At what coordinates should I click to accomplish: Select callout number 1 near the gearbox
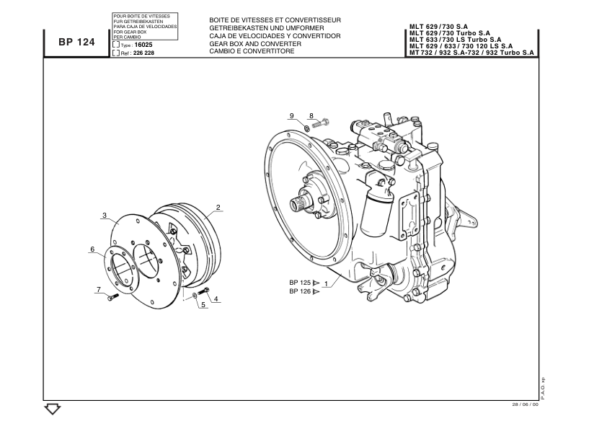tap(326, 283)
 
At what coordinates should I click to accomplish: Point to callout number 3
tap(216, 298)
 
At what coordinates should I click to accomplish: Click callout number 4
tap(203, 305)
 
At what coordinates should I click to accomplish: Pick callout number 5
tap(92, 249)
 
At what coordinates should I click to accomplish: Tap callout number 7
tap(311, 115)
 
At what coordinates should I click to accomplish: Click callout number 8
tap(292, 115)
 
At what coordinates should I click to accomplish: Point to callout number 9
tap(299, 283)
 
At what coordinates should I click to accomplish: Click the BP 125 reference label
tap(299, 291)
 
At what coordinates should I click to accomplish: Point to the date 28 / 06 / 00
tap(53, 410)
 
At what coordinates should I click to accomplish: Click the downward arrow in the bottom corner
tap(302, 205)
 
